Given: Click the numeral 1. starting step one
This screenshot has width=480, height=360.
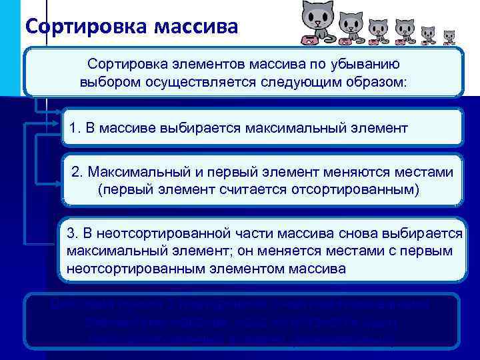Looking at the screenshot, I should pos(73,127).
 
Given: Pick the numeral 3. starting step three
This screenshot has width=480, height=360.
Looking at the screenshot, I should pos(73,235).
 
